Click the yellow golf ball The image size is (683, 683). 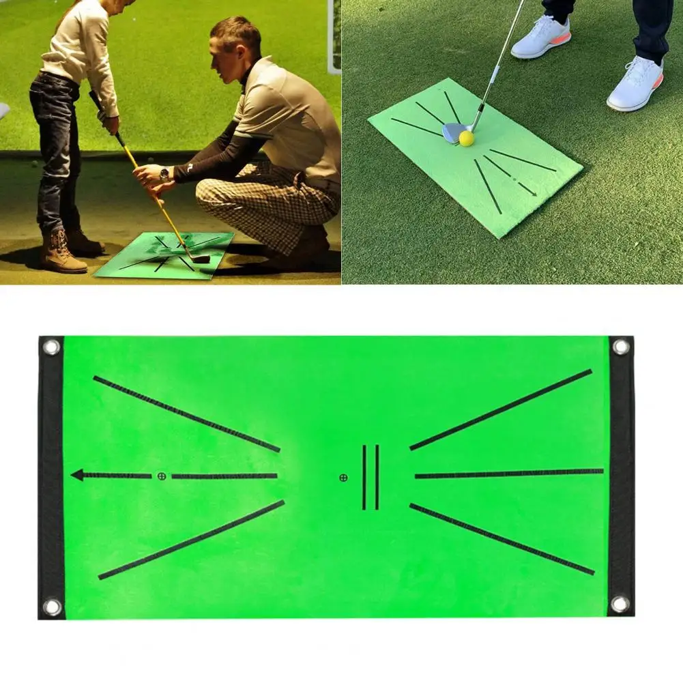pyautogui.click(x=466, y=138)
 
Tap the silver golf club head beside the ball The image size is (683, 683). pyautogui.click(x=452, y=132)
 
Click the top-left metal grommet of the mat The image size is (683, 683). pyautogui.click(x=51, y=347)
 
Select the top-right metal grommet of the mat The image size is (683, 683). pyautogui.click(x=620, y=347)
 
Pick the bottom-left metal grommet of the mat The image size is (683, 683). pyautogui.click(x=51, y=606)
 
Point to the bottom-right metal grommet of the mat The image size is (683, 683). pyautogui.click(x=620, y=604)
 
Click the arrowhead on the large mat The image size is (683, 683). pyautogui.click(x=78, y=475)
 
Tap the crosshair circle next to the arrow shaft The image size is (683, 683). pyautogui.click(x=162, y=476)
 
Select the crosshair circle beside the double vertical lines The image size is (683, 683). pyautogui.click(x=343, y=477)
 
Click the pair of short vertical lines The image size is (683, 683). pyautogui.click(x=370, y=477)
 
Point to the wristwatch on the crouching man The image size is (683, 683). pyautogui.click(x=164, y=173)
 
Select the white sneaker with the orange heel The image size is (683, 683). pyautogui.click(x=636, y=83)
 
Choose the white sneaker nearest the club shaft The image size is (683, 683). pyautogui.click(x=540, y=38)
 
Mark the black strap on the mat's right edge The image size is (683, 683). pyautogui.click(x=622, y=478)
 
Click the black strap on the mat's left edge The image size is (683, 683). pyautogui.click(x=50, y=478)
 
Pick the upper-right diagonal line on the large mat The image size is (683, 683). pyautogui.click(x=501, y=409)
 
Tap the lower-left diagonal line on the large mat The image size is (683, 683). pyautogui.click(x=191, y=540)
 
